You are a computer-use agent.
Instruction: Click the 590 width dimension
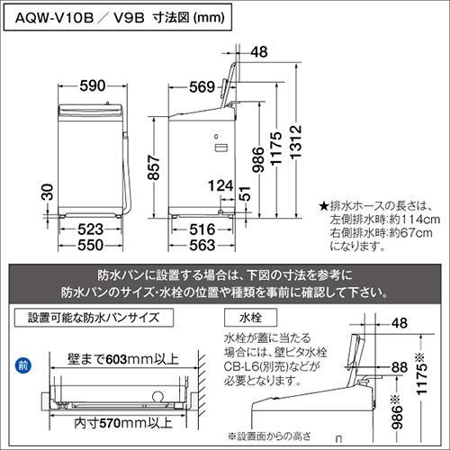[93, 86]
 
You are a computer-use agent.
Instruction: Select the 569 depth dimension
[202, 87]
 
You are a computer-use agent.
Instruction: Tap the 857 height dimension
[154, 167]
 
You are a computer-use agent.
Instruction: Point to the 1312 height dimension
[295, 141]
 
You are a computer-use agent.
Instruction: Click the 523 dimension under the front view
[91, 229]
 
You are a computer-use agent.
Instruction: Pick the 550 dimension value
[91, 245]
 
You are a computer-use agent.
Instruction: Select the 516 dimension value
[202, 229]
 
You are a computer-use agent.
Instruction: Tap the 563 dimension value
[202, 246]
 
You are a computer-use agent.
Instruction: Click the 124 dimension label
[220, 185]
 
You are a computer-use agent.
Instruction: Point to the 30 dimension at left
[48, 192]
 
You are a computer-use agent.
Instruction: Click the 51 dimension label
[245, 193]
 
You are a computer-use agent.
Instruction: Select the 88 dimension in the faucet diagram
[400, 367]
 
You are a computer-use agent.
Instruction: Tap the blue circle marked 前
[23, 365]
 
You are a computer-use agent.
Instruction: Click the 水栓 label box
[250, 318]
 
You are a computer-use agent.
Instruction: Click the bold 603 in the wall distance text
[117, 359]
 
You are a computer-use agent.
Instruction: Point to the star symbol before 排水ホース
[324, 207]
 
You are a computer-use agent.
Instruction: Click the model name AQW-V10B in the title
[54, 18]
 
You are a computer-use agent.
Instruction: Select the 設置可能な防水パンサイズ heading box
[94, 318]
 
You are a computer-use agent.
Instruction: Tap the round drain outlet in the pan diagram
[159, 397]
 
